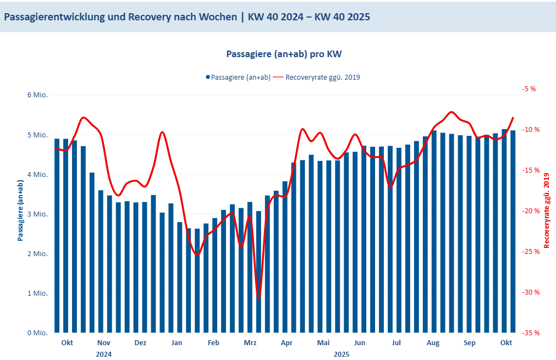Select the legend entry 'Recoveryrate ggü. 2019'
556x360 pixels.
coord(322,77)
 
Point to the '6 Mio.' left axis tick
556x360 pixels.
coord(37,95)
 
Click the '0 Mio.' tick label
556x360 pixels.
coord(37,333)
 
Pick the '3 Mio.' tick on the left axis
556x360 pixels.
coord(37,214)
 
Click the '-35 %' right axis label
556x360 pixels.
coord(531,333)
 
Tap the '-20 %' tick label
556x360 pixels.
coord(531,211)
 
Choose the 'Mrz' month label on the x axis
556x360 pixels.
coord(250,343)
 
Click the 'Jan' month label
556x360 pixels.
coord(177,343)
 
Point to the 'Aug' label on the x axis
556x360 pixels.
coord(433,343)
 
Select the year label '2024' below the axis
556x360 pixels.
coord(103,355)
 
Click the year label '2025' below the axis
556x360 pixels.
coord(341,355)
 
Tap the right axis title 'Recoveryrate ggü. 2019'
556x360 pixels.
coord(547,211)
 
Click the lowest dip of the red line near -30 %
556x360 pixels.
coord(258,298)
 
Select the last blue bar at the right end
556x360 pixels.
coord(513,231)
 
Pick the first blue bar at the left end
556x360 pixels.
coord(57,236)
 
